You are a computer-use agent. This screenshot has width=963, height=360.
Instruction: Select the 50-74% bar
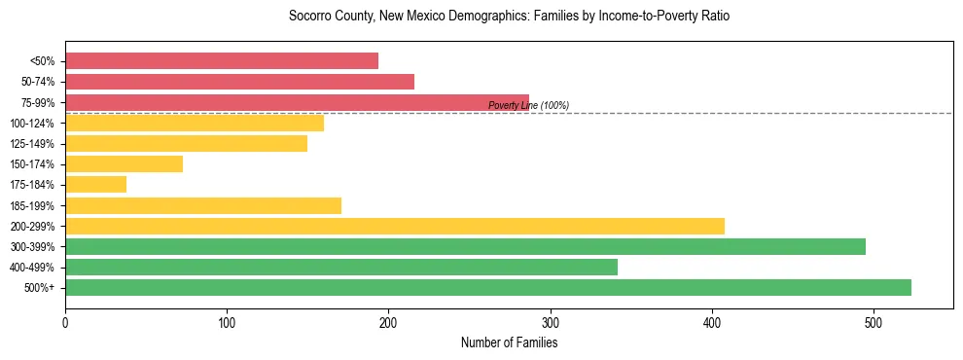[239, 82]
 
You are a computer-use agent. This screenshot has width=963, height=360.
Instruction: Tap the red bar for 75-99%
[297, 102]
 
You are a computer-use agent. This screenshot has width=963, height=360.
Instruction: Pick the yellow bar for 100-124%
[195, 123]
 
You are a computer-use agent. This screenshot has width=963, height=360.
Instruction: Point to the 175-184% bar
[95, 185]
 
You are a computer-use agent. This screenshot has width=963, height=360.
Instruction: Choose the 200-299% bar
[395, 226]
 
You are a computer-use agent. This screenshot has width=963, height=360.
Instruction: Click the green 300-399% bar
[465, 246]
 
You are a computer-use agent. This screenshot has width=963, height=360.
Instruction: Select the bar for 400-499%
[341, 267]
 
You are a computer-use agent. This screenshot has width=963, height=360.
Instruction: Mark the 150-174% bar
[124, 164]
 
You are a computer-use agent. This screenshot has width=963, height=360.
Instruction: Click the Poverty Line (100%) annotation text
[528, 105]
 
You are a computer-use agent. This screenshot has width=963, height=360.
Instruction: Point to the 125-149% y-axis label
[32, 144]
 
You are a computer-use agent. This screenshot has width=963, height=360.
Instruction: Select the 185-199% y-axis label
[32, 206]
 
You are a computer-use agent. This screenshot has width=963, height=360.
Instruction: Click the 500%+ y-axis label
[38, 288]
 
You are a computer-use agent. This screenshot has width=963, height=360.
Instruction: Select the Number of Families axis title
[509, 342]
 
